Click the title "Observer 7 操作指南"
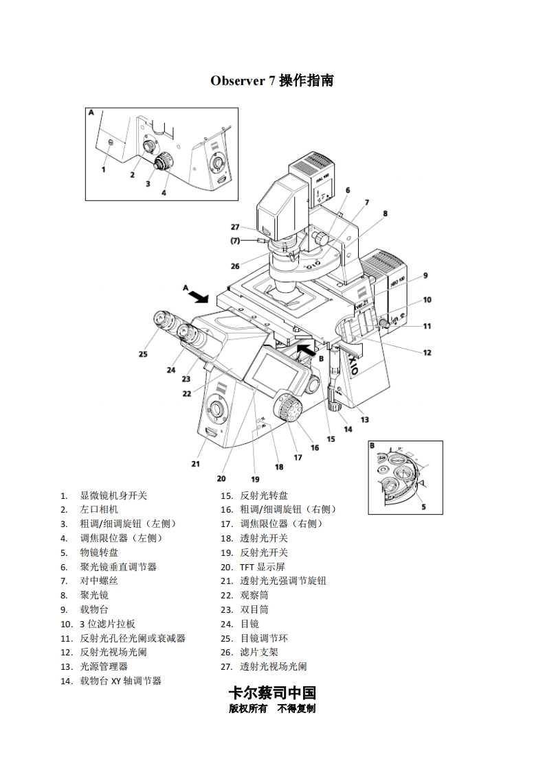coord(272,80)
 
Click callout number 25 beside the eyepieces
coord(143,354)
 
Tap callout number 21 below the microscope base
coord(196,464)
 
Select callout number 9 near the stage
coord(425,276)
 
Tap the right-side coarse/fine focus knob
coord(289,410)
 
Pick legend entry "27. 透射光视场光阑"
coord(263,666)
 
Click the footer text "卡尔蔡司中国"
coord(272,692)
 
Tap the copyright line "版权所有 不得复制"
coord(272,709)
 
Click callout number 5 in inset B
coord(423,507)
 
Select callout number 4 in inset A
coord(164,193)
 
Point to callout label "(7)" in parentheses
coord(235,240)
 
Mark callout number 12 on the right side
coord(427,353)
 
